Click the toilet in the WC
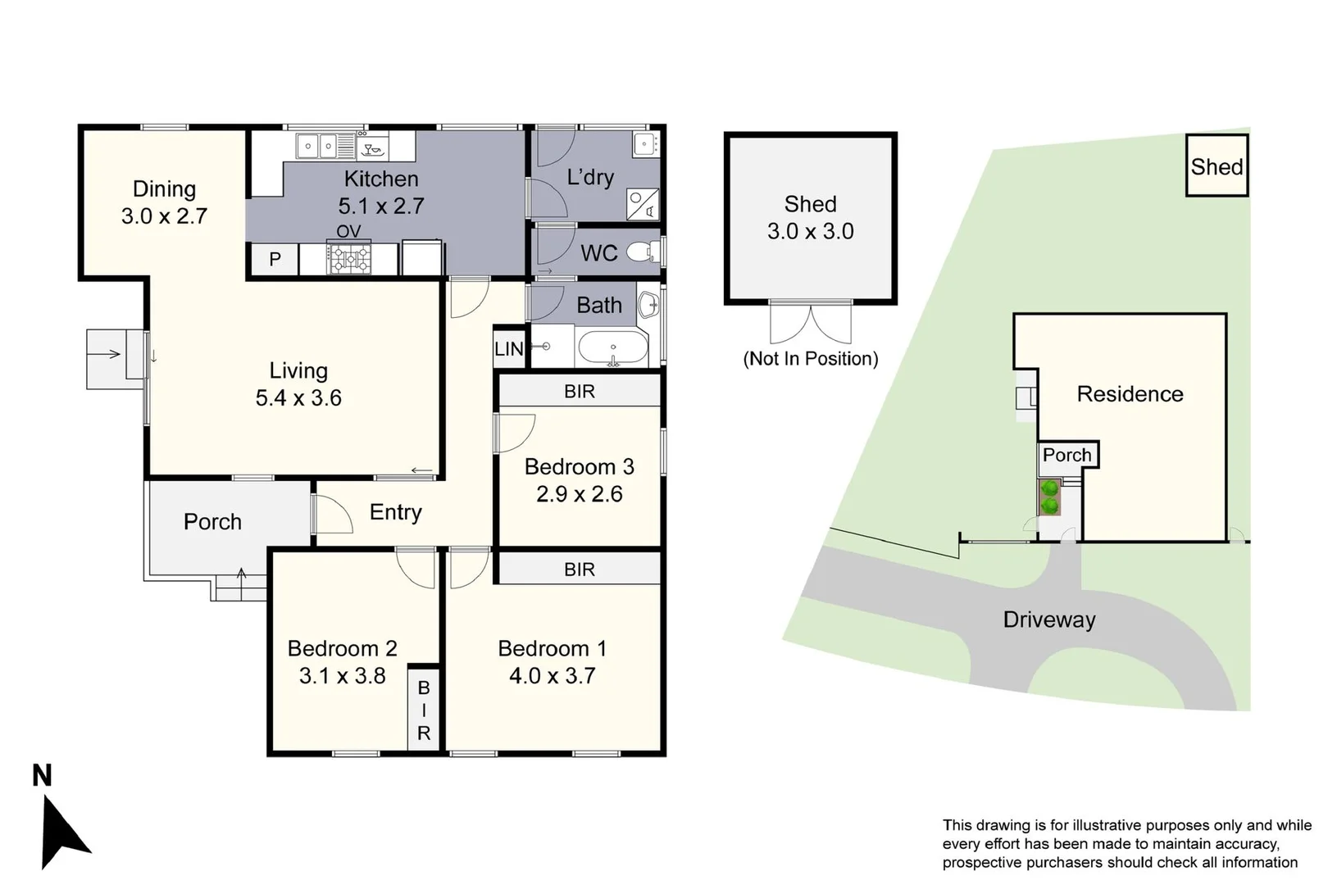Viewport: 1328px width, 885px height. [x=644, y=252]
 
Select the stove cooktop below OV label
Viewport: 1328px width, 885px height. [x=349, y=259]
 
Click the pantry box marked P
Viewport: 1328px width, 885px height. [x=275, y=260]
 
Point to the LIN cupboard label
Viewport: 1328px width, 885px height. [x=509, y=349]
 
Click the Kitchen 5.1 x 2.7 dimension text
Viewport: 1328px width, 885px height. [x=381, y=206]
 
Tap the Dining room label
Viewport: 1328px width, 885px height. [x=164, y=189]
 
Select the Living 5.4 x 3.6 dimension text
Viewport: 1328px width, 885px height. [x=298, y=397]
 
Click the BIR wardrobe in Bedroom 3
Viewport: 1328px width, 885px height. [x=580, y=391]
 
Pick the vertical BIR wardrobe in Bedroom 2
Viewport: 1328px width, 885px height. [x=423, y=709]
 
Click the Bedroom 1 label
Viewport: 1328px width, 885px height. [x=552, y=648]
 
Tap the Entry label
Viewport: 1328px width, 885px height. [x=395, y=512]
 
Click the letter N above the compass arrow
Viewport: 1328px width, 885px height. [x=42, y=775]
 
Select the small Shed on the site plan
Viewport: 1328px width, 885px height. [x=1217, y=166]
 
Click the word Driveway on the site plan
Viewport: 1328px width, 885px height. [x=1049, y=619]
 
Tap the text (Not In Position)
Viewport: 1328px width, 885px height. [x=811, y=359]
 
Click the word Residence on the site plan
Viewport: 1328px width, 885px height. [x=1130, y=394]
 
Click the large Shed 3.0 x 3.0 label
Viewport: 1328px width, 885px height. [x=811, y=217]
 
